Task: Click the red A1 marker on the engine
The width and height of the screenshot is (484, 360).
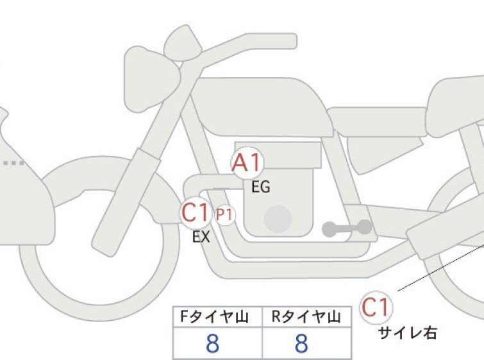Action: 247,163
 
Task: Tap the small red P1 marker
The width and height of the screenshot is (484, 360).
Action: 225,214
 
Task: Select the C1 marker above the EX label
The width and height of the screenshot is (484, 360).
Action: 196,212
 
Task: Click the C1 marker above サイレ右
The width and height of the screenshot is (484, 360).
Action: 376,307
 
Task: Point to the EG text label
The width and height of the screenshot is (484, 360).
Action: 261,187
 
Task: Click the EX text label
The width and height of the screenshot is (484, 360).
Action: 201,237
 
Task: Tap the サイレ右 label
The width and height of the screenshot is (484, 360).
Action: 408,333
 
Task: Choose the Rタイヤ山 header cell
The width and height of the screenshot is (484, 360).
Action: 306,317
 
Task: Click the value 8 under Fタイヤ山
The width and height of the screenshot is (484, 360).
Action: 212,343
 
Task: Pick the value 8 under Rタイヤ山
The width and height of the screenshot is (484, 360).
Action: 301,343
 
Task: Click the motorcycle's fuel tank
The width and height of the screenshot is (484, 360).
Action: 262,107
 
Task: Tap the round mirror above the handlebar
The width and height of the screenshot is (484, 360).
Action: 183,42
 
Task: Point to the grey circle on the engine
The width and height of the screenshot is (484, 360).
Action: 278,219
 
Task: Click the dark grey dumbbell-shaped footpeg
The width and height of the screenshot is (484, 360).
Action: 347,228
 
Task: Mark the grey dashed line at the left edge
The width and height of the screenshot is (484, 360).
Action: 14,163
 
